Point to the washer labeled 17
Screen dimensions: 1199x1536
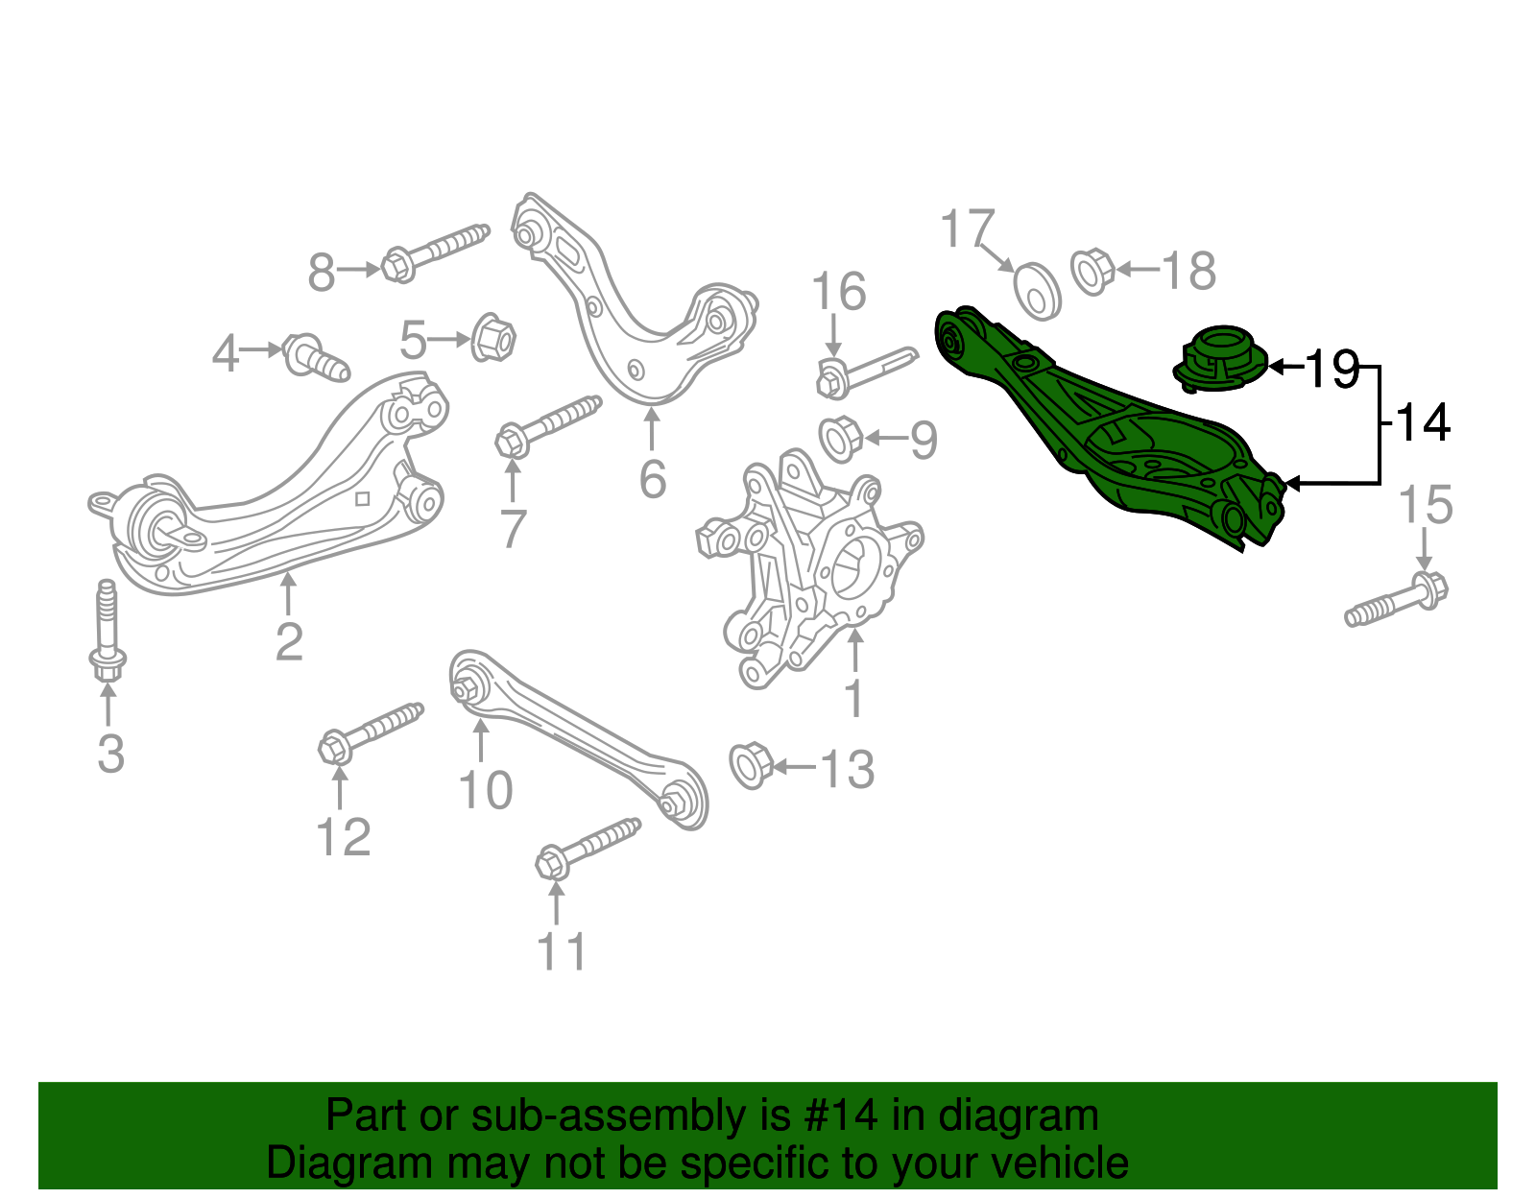[1038, 289]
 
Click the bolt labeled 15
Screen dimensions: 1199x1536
[1398, 599]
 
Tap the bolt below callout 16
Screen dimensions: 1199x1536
[864, 371]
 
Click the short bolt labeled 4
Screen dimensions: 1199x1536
[315, 357]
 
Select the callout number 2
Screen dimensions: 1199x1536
[289, 641]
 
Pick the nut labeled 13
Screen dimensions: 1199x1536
[752, 765]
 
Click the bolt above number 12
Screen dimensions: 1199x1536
[370, 732]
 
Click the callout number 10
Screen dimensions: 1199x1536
[486, 789]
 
